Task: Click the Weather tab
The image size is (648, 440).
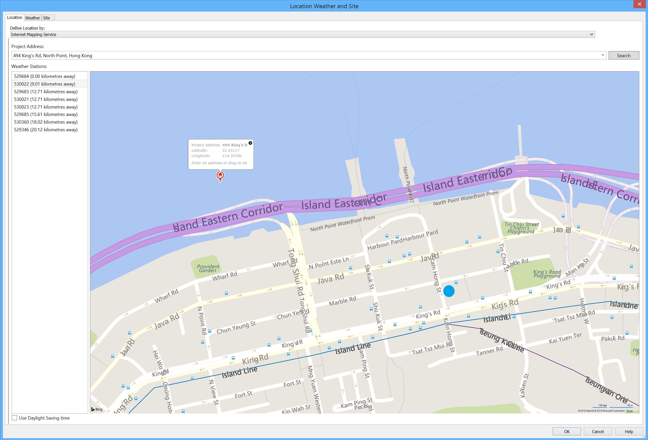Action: [33, 18]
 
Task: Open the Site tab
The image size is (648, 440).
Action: [47, 18]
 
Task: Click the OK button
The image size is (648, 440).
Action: [566, 431]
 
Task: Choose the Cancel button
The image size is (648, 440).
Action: [597, 431]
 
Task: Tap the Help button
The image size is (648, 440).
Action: [629, 431]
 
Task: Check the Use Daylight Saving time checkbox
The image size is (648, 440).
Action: [15, 418]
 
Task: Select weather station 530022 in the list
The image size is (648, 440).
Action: [45, 84]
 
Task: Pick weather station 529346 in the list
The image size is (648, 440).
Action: [46, 129]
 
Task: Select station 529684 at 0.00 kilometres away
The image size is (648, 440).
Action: [45, 76]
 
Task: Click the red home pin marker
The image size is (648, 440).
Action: [220, 175]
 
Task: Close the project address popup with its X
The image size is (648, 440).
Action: [250, 143]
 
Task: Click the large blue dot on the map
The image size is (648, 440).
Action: [449, 291]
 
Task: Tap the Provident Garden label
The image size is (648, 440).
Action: [208, 268]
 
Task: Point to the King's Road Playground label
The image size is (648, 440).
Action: [547, 274]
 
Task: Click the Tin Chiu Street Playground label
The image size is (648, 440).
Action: [522, 228]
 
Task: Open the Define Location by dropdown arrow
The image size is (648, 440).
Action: [591, 34]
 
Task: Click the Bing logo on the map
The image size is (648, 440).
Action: [97, 409]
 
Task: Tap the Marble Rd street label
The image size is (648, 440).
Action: [342, 301]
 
